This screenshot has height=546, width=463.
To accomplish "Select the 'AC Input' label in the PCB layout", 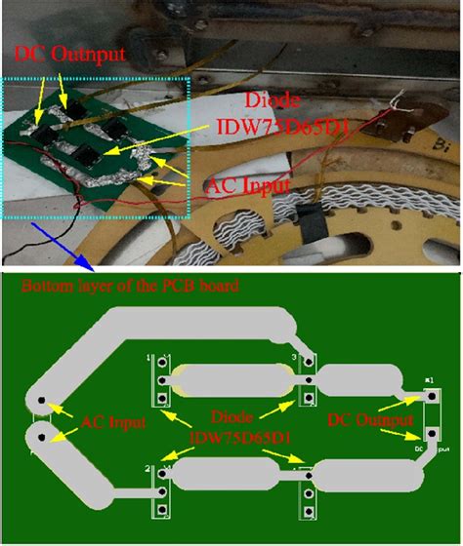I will (x=113, y=422).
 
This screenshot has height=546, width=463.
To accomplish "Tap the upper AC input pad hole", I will (x=41, y=401).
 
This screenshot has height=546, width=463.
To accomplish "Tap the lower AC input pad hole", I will (x=40, y=436).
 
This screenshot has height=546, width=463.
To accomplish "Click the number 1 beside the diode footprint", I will (x=149, y=359).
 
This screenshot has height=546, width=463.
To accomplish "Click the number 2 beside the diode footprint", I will (x=147, y=470).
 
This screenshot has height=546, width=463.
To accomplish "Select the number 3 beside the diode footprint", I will (x=295, y=359).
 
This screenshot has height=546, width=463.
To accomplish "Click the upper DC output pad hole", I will (x=428, y=397).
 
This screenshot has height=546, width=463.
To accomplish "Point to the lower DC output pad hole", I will (x=428, y=435).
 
